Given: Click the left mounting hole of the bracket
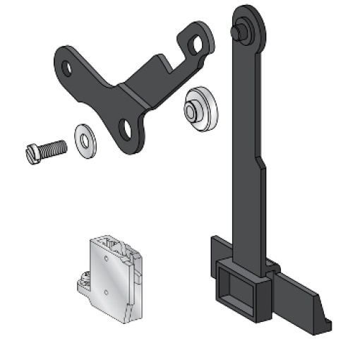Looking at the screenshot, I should (x=66, y=69).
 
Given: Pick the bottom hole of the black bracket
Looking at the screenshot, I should (x=126, y=128).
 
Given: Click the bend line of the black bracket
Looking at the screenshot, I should (x=134, y=95).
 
